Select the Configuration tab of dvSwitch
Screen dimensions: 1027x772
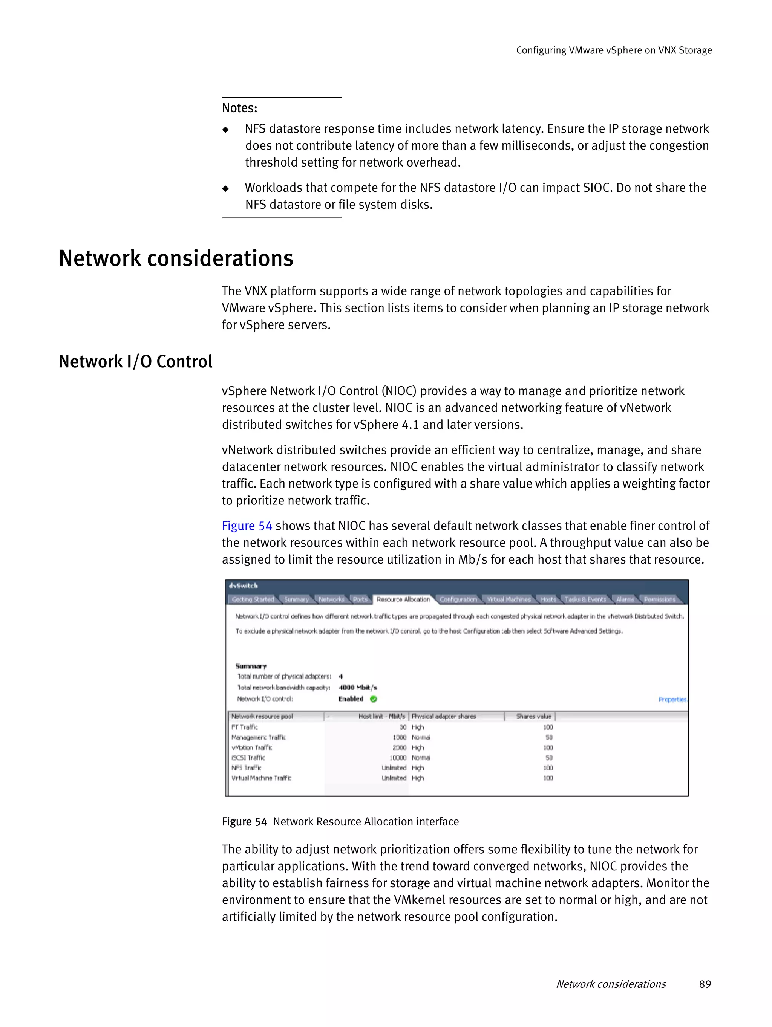pos(458,599)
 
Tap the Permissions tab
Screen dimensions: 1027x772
pos(659,599)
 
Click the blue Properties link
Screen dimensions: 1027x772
pos(672,699)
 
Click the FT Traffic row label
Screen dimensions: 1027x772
pos(244,727)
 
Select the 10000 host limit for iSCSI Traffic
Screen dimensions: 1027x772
pos(398,758)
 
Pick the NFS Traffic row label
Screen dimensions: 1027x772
pos(246,768)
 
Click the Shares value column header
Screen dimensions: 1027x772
pos(534,717)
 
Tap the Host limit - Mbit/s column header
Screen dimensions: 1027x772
pos(381,717)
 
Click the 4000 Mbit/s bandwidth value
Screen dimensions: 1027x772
pos(358,688)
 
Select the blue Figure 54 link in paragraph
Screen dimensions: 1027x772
pos(247,526)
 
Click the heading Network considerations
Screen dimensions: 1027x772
pos(176,258)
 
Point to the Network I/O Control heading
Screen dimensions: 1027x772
pos(135,361)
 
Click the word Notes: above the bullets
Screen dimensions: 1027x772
pos(239,108)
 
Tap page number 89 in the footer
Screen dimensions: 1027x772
pos(705,984)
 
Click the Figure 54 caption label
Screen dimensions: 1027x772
pos(244,822)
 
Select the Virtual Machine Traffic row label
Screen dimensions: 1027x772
pos(262,778)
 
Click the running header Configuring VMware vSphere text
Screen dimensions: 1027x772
pos(614,50)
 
